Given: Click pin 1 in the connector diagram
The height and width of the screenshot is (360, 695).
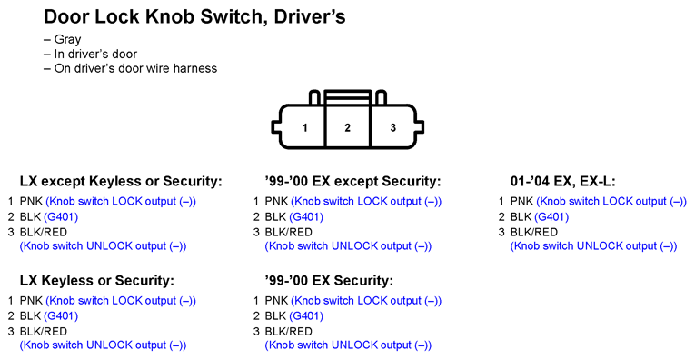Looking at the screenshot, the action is (304, 128).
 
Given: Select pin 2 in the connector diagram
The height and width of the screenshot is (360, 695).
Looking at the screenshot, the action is (347, 128).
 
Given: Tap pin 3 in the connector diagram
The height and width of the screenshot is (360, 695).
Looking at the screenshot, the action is (392, 128).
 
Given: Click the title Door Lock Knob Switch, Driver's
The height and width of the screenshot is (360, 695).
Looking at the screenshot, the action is (194, 17).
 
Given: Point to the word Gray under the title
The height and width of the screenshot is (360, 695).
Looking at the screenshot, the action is (67, 39).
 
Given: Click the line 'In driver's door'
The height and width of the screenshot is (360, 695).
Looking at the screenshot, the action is (95, 54).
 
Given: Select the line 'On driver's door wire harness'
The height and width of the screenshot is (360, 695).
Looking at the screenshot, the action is (135, 68).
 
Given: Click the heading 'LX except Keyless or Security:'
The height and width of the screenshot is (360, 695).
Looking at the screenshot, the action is (121, 181).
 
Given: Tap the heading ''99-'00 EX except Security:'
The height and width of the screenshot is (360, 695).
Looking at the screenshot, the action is (352, 181).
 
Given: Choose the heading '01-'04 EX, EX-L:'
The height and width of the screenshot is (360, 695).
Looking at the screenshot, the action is (563, 181).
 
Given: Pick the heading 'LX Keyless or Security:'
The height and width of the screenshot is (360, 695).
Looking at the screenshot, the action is (97, 281).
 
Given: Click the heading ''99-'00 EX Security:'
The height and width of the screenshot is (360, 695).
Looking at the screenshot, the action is (329, 281).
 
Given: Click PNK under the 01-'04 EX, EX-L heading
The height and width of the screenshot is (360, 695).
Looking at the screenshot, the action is (521, 201).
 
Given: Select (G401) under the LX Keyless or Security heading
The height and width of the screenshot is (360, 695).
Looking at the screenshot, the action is (61, 316).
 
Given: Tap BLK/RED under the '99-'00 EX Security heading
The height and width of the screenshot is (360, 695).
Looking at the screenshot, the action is (289, 332).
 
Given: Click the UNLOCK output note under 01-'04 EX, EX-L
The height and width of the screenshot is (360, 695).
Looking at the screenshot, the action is (593, 246).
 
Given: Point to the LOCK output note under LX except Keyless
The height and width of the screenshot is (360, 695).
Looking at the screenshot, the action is (121, 201).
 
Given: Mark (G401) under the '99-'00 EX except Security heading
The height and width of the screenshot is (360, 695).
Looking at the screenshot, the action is (306, 216).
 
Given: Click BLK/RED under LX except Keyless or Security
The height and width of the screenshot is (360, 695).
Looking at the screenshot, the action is (44, 233).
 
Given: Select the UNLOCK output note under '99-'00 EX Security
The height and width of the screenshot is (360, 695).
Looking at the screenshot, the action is (348, 345).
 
